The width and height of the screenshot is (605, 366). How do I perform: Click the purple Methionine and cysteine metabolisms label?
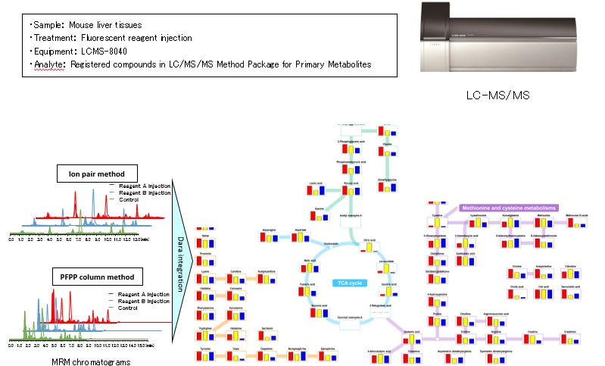click(x=508, y=208)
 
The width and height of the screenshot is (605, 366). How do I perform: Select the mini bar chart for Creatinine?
click(x=572, y=342)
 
